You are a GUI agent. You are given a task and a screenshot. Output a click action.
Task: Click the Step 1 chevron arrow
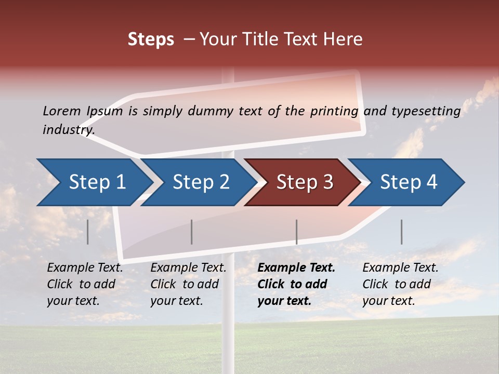pyautogui.click(x=97, y=182)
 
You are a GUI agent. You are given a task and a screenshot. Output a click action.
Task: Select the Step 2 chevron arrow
pyautogui.click(x=201, y=182)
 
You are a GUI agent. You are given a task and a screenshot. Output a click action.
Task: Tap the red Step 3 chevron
pyautogui.click(x=304, y=182)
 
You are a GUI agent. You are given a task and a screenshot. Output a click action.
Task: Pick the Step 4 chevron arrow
pyautogui.click(x=408, y=182)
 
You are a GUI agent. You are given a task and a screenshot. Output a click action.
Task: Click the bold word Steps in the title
pyautogui.click(x=151, y=39)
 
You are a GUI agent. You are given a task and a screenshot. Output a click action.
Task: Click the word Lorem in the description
pyautogui.click(x=61, y=111)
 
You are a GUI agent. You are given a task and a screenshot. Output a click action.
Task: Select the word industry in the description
pyautogui.click(x=68, y=129)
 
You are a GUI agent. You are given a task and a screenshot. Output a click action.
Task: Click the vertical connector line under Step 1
pyautogui.click(x=88, y=232)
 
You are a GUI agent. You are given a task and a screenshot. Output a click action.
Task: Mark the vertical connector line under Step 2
pyautogui.click(x=192, y=232)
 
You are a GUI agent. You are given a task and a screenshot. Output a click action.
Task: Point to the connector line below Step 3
pyautogui.click(x=296, y=232)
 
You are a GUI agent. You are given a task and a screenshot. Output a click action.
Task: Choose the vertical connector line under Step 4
pyautogui.click(x=401, y=232)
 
